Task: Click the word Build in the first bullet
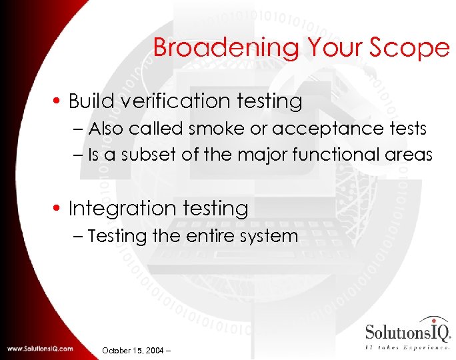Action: point(92,101)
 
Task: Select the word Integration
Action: point(126,209)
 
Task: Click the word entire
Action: point(211,236)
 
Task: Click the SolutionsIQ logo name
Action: point(408,331)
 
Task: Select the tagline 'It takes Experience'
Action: point(408,347)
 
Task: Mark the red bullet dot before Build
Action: point(59,102)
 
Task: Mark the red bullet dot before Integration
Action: point(59,209)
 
